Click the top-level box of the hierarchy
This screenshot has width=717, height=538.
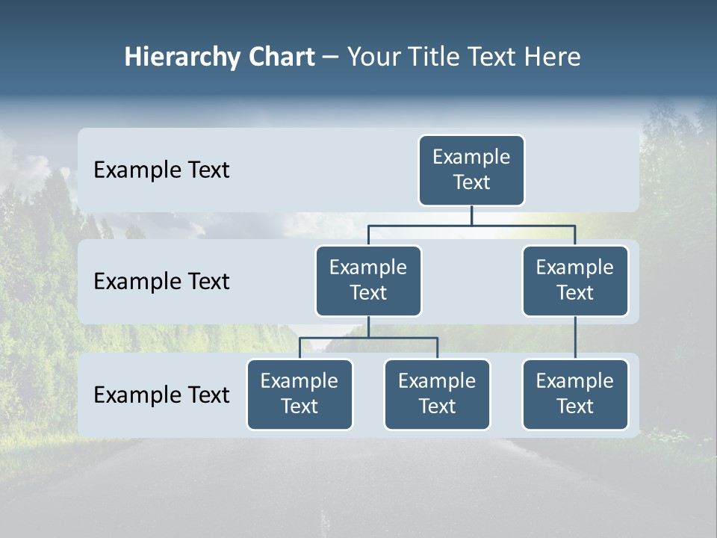point(471,170)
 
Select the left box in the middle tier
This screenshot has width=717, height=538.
point(368,281)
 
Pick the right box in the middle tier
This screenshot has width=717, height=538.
point(575,281)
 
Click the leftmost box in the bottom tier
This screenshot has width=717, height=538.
point(299,395)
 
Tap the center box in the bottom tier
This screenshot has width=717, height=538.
point(437,395)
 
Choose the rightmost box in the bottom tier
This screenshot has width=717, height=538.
point(575,395)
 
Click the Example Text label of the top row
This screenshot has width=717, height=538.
point(161,170)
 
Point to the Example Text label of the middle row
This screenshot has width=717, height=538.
point(161,282)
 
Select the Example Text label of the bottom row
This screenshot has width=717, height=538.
point(161,395)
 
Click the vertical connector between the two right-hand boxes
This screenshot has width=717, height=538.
point(575,338)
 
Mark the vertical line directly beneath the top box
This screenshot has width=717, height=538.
point(471,215)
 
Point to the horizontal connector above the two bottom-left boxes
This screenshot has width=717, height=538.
point(368,338)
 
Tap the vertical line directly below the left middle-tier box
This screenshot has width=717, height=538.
point(368,327)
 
